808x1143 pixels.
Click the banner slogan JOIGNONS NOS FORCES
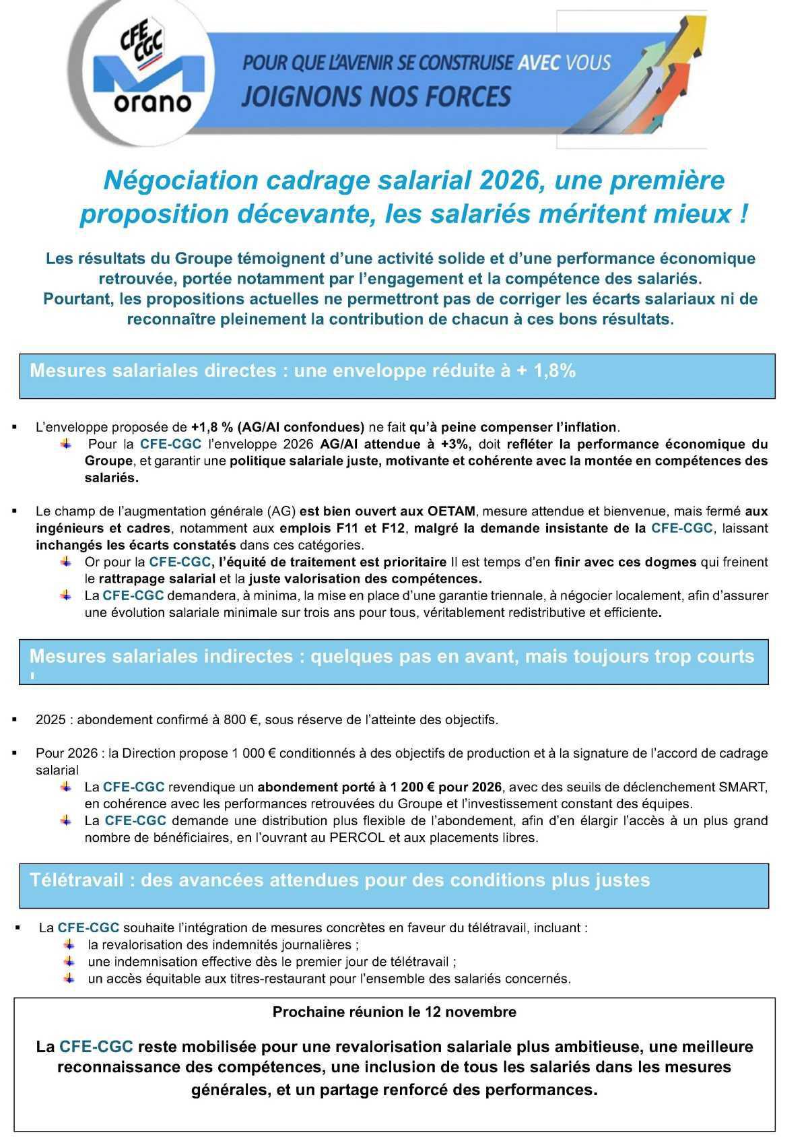tap(376, 96)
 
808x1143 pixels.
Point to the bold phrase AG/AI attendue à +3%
tap(398, 444)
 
